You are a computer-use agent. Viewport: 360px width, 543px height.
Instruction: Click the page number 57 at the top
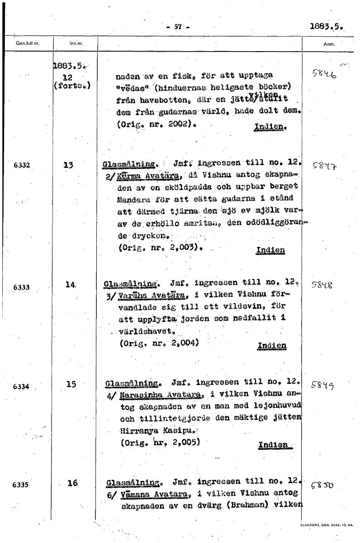click(x=178, y=27)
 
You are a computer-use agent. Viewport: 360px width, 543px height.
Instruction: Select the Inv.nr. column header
click(x=75, y=44)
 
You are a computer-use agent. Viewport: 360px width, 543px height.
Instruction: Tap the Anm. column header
click(x=329, y=44)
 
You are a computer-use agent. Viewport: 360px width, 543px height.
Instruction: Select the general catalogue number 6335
click(x=21, y=485)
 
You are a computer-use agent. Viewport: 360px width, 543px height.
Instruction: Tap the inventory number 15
click(x=71, y=385)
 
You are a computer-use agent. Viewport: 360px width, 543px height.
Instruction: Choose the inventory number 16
click(x=72, y=483)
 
